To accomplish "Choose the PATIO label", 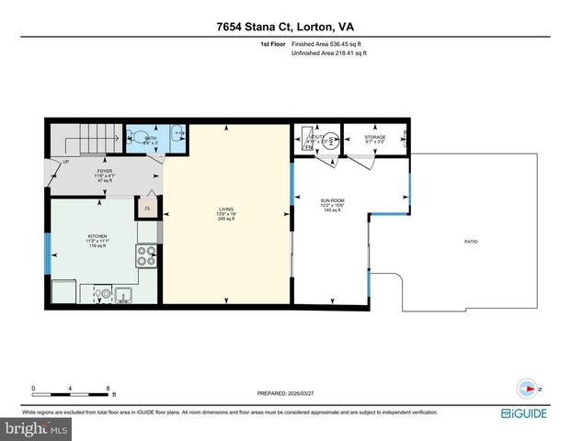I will (470, 242).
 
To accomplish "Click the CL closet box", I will (147, 209).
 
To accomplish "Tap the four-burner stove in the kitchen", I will (146, 255).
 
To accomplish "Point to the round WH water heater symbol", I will (335, 141).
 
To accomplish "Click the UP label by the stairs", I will (65, 162).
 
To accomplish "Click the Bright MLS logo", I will (34, 429).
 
